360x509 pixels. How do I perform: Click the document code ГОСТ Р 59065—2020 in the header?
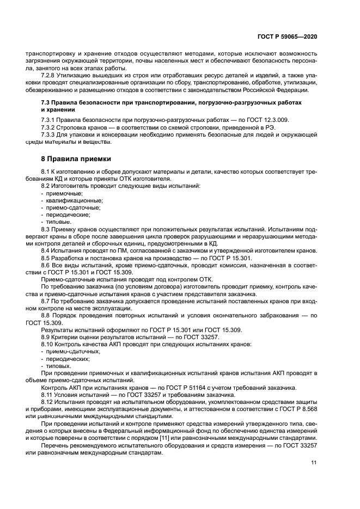coord(286,36)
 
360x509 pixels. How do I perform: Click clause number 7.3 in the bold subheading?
coord(46,102)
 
